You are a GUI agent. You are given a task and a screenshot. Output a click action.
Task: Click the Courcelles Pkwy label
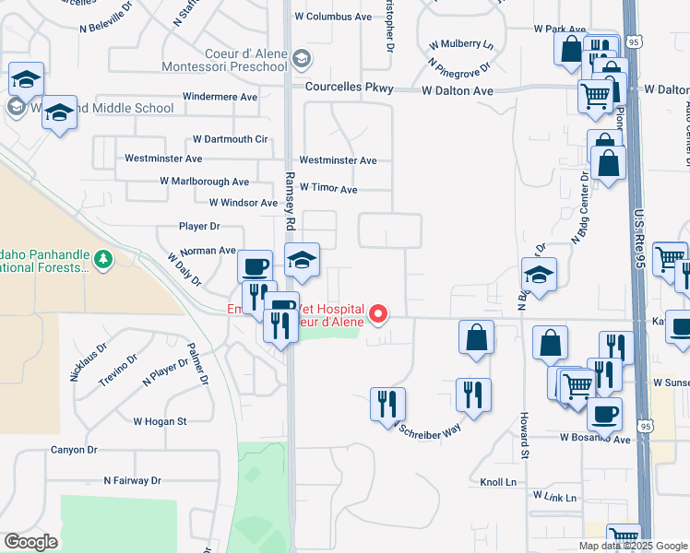pos(350,89)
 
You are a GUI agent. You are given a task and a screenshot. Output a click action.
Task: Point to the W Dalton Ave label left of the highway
pos(458,90)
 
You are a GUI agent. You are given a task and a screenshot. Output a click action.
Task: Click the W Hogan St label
pos(160,421)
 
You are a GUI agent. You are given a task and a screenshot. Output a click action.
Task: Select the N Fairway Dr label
pos(132,480)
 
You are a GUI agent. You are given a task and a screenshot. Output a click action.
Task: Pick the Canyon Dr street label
pos(74,450)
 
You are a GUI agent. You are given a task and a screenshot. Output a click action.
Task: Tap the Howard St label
pos(523,436)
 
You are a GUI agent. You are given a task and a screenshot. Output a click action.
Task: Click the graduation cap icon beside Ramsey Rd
pos(301,260)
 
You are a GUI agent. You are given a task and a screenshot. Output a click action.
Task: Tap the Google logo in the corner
pos(30,542)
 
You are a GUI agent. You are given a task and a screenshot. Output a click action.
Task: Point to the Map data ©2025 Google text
pos(633,546)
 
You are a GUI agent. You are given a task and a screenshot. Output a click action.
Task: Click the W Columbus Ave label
pos(333,17)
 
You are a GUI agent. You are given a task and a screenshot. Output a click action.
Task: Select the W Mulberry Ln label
pos(461,43)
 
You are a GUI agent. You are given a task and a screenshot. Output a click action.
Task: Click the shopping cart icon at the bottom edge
pos(624,535)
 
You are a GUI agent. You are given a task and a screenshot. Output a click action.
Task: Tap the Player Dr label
pos(200,226)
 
